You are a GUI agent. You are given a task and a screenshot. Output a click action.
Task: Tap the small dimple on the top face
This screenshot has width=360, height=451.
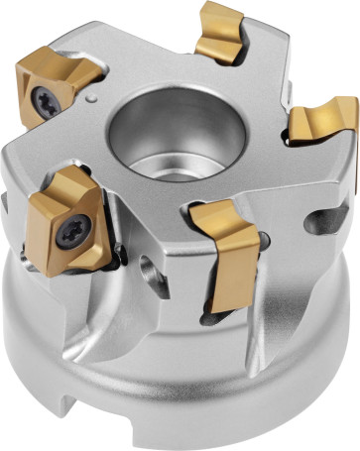point(91,99)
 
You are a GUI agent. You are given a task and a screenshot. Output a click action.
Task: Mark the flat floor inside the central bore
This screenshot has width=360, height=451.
point(175,139)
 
